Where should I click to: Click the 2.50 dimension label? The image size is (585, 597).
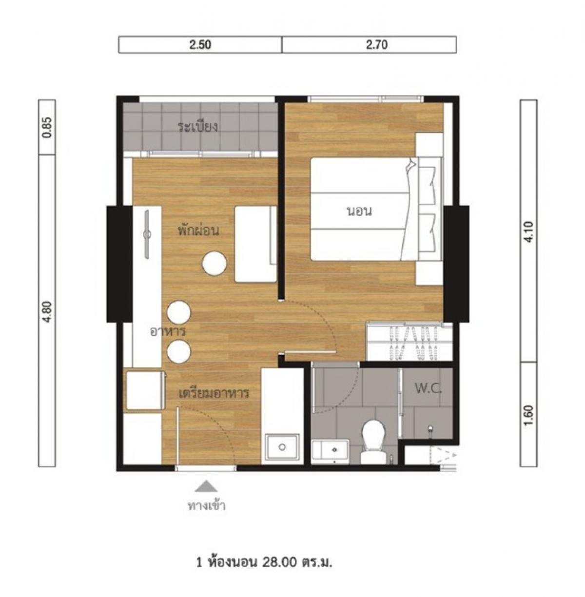[200, 45]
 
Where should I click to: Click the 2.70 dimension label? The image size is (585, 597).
[377, 45]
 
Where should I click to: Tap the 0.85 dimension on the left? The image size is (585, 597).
[47, 127]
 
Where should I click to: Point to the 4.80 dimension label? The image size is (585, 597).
[47, 311]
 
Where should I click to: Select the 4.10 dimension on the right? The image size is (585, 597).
[529, 232]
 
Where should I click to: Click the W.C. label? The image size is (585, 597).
[428, 388]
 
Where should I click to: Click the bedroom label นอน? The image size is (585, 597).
[359, 212]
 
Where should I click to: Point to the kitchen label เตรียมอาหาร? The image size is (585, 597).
[214, 393]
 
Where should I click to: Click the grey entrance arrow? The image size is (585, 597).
[206, 486]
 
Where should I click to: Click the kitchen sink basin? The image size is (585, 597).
[282, 447]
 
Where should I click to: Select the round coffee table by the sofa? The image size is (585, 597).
[214, 263]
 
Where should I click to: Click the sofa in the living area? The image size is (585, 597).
[255, 244]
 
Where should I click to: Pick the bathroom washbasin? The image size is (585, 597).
[331, 451]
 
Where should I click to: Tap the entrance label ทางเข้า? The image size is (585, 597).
[207, 506]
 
